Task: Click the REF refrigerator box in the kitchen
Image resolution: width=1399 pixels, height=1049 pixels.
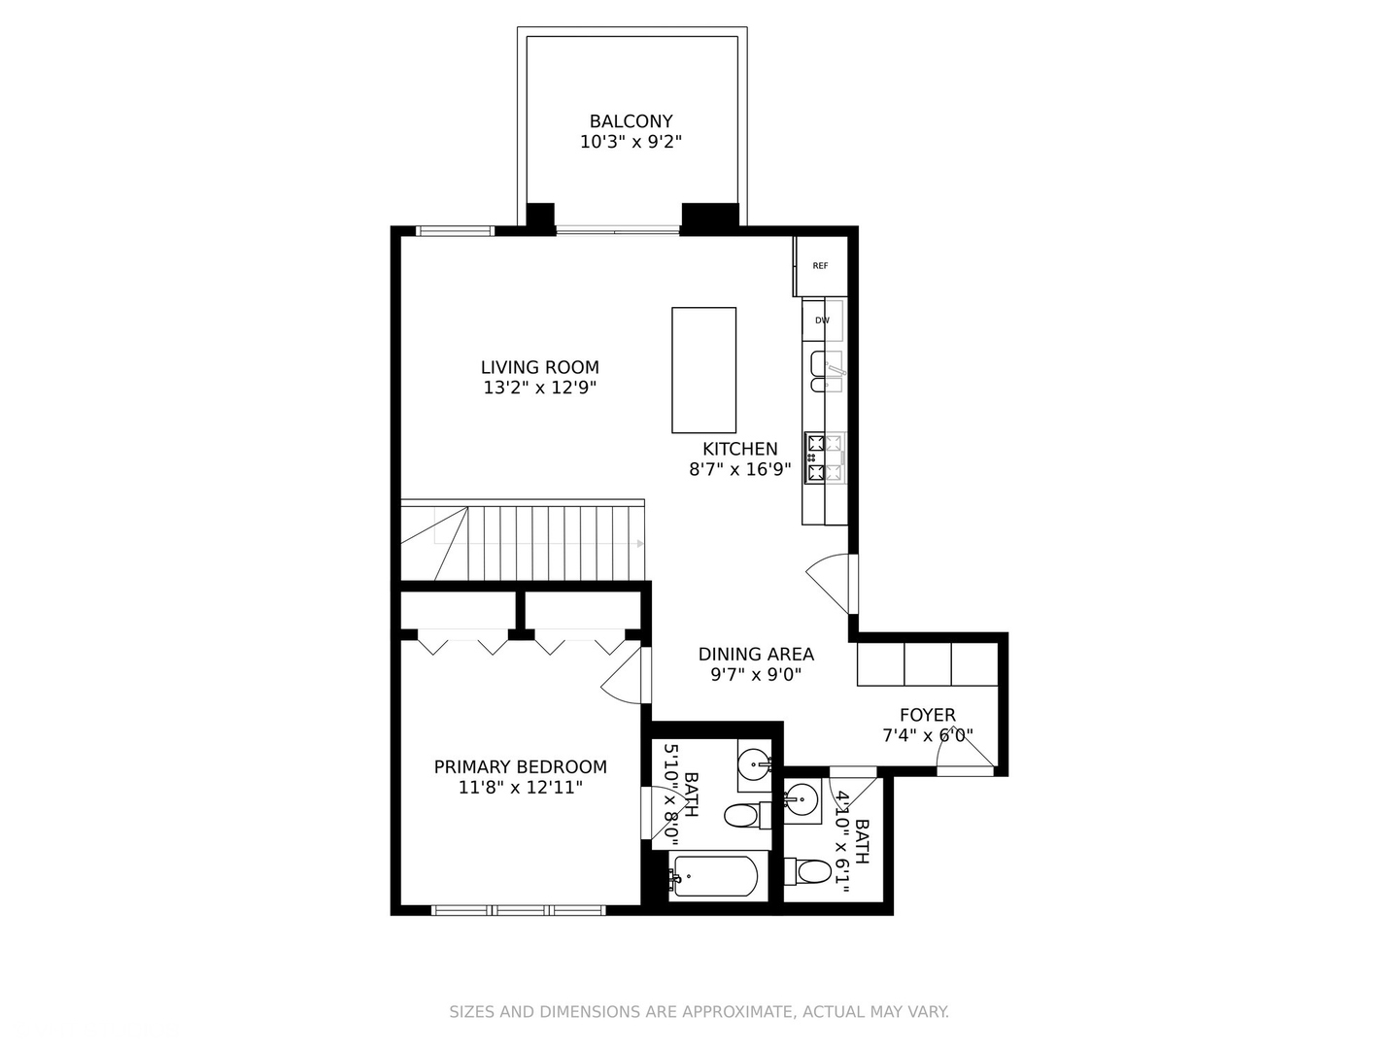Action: (820, 265)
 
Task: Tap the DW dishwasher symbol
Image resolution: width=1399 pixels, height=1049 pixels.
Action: (823, 320)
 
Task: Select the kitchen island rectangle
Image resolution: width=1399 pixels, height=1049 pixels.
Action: (703, 370)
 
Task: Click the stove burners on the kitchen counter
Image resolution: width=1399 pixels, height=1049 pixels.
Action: (825, 457)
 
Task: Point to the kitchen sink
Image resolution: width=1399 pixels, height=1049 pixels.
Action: (827, 371)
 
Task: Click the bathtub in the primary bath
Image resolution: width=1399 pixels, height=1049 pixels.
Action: (713, 878)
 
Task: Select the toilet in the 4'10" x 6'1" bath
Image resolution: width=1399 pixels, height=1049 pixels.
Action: (807, 871)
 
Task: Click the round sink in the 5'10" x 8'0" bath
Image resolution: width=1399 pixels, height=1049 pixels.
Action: (755, 763)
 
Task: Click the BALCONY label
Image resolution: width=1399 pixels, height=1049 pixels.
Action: (631, 121)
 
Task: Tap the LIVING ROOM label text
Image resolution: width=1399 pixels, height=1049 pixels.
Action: (540, 367)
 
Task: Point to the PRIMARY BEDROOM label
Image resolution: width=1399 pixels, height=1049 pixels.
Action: (520, 767)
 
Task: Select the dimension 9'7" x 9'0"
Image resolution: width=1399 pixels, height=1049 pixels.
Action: (756, 674)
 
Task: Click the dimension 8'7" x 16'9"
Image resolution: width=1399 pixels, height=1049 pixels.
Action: (740, 469)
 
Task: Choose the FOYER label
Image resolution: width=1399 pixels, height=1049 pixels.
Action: (928, 715)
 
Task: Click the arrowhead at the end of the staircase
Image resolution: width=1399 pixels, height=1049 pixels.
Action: (640, 543)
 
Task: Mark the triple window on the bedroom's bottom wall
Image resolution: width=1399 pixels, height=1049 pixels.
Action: (518, 911)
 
